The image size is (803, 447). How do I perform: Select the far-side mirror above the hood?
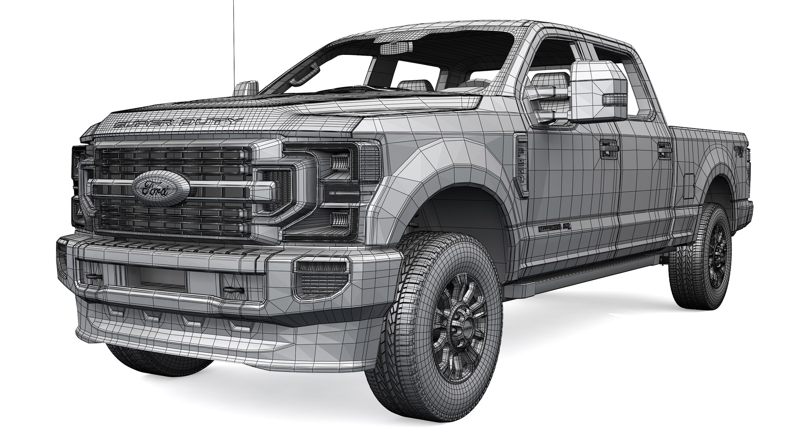point(245,89)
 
